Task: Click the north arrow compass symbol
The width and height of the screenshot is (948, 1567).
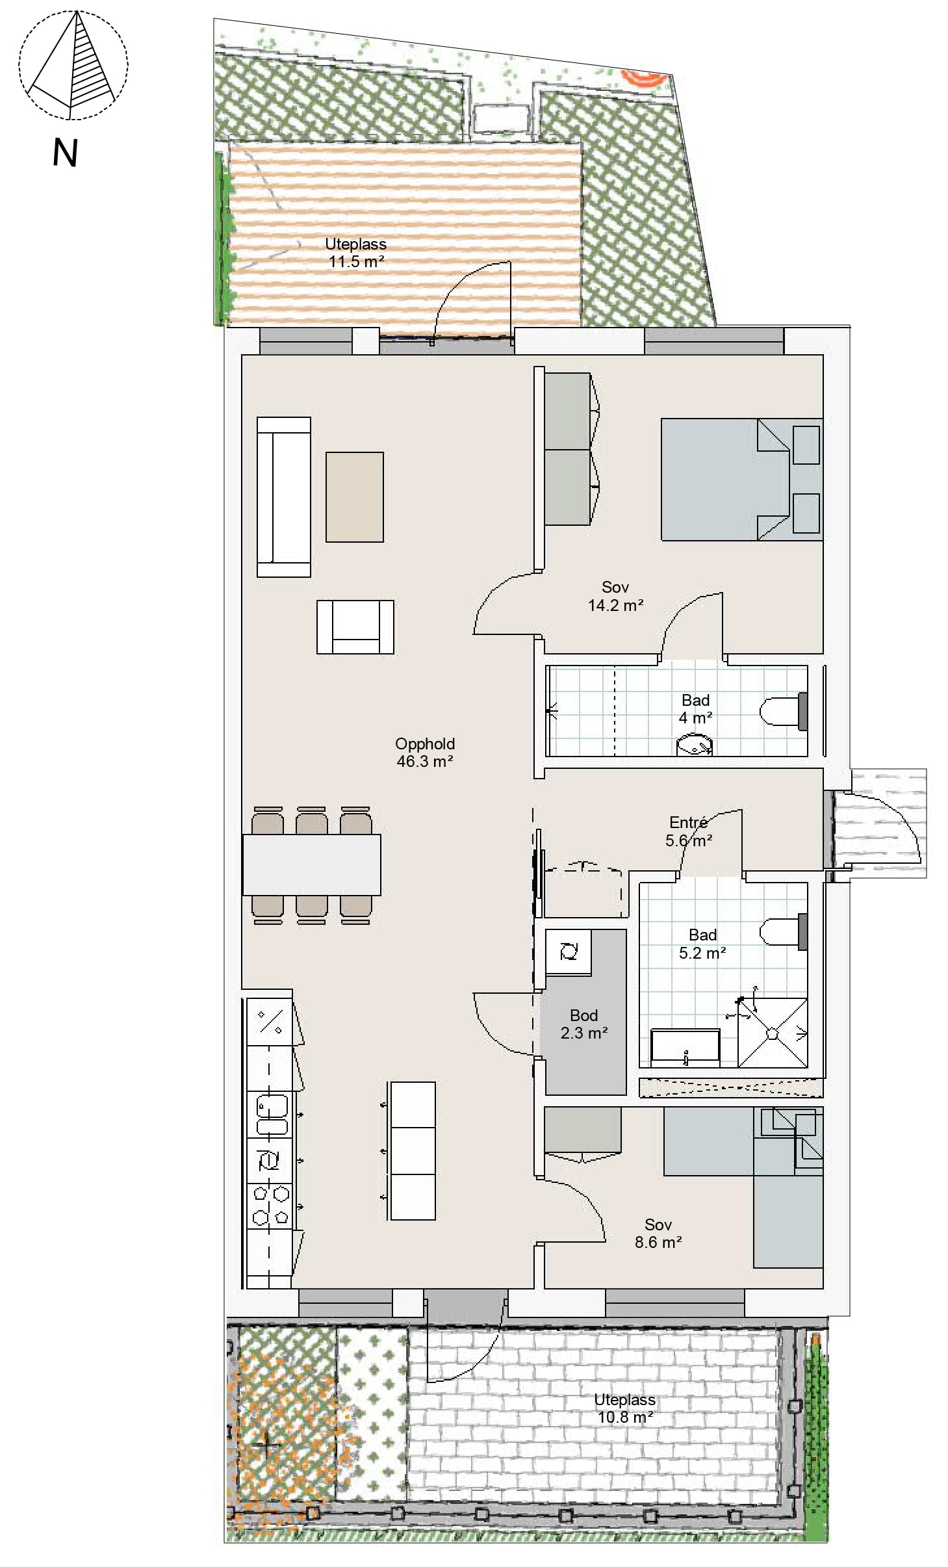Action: pos(73,65)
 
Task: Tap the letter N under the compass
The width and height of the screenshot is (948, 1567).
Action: pos(65,153)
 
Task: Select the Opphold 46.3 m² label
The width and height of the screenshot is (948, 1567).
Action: pos(425,753)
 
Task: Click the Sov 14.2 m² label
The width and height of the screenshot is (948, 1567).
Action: pos(615,597)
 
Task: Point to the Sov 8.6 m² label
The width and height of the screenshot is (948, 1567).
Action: pos(658,1234)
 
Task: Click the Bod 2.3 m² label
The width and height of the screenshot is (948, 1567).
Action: pos(584,1024)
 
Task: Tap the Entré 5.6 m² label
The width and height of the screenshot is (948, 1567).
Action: pos(689,832)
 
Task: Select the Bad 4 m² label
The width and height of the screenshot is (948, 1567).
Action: pos(695,709)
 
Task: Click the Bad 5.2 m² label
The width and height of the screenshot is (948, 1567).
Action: pos(702,944)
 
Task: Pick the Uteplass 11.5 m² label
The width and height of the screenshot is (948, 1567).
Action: pos(356,253)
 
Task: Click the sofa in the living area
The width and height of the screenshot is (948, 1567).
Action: pos(284,497)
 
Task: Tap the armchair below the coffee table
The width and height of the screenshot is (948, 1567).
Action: pos(355,627)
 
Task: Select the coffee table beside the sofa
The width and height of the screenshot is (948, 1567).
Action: pos(355,497)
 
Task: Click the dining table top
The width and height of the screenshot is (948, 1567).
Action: pos(312,865)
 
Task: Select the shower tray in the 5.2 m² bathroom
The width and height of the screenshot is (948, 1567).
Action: pos(773,1033)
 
